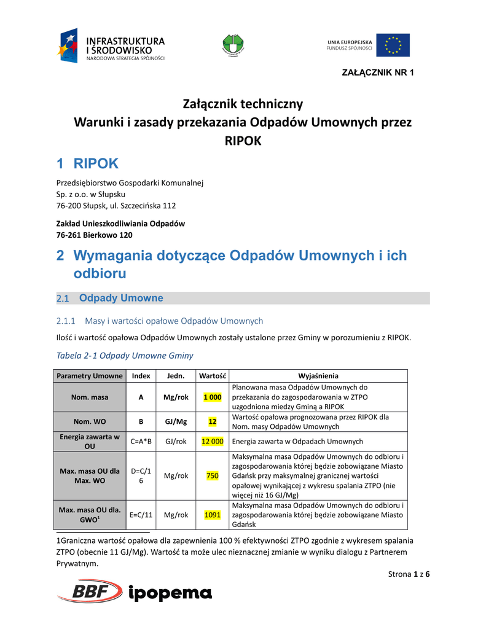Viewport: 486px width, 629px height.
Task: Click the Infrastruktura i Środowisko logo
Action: [x=112, y=46]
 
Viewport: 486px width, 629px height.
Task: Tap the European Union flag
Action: [x=393, y=45]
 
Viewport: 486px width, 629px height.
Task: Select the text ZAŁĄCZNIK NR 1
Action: [x=377, y=73]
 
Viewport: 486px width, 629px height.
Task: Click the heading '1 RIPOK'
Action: [x=87, y=163]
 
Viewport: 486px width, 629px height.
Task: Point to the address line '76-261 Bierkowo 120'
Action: [x=95, y=235]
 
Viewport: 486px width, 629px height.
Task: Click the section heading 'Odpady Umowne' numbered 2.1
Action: [x=122, y=298]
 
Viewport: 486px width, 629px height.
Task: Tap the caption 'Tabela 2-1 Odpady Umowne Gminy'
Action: [x=125, y=355]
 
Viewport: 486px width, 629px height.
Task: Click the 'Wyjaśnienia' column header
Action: [x=318, y=376]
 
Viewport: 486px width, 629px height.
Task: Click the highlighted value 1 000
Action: [x=213, y=397]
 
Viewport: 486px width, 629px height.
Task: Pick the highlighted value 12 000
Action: [x=213, y=441]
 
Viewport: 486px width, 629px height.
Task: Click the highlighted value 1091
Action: [x=213, y=515]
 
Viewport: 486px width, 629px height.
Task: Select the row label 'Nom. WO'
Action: [x=90, y=422]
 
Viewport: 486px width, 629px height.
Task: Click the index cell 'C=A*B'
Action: [x=141, y=441]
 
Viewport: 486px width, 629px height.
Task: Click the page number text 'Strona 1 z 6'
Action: [x=409, y=574]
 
